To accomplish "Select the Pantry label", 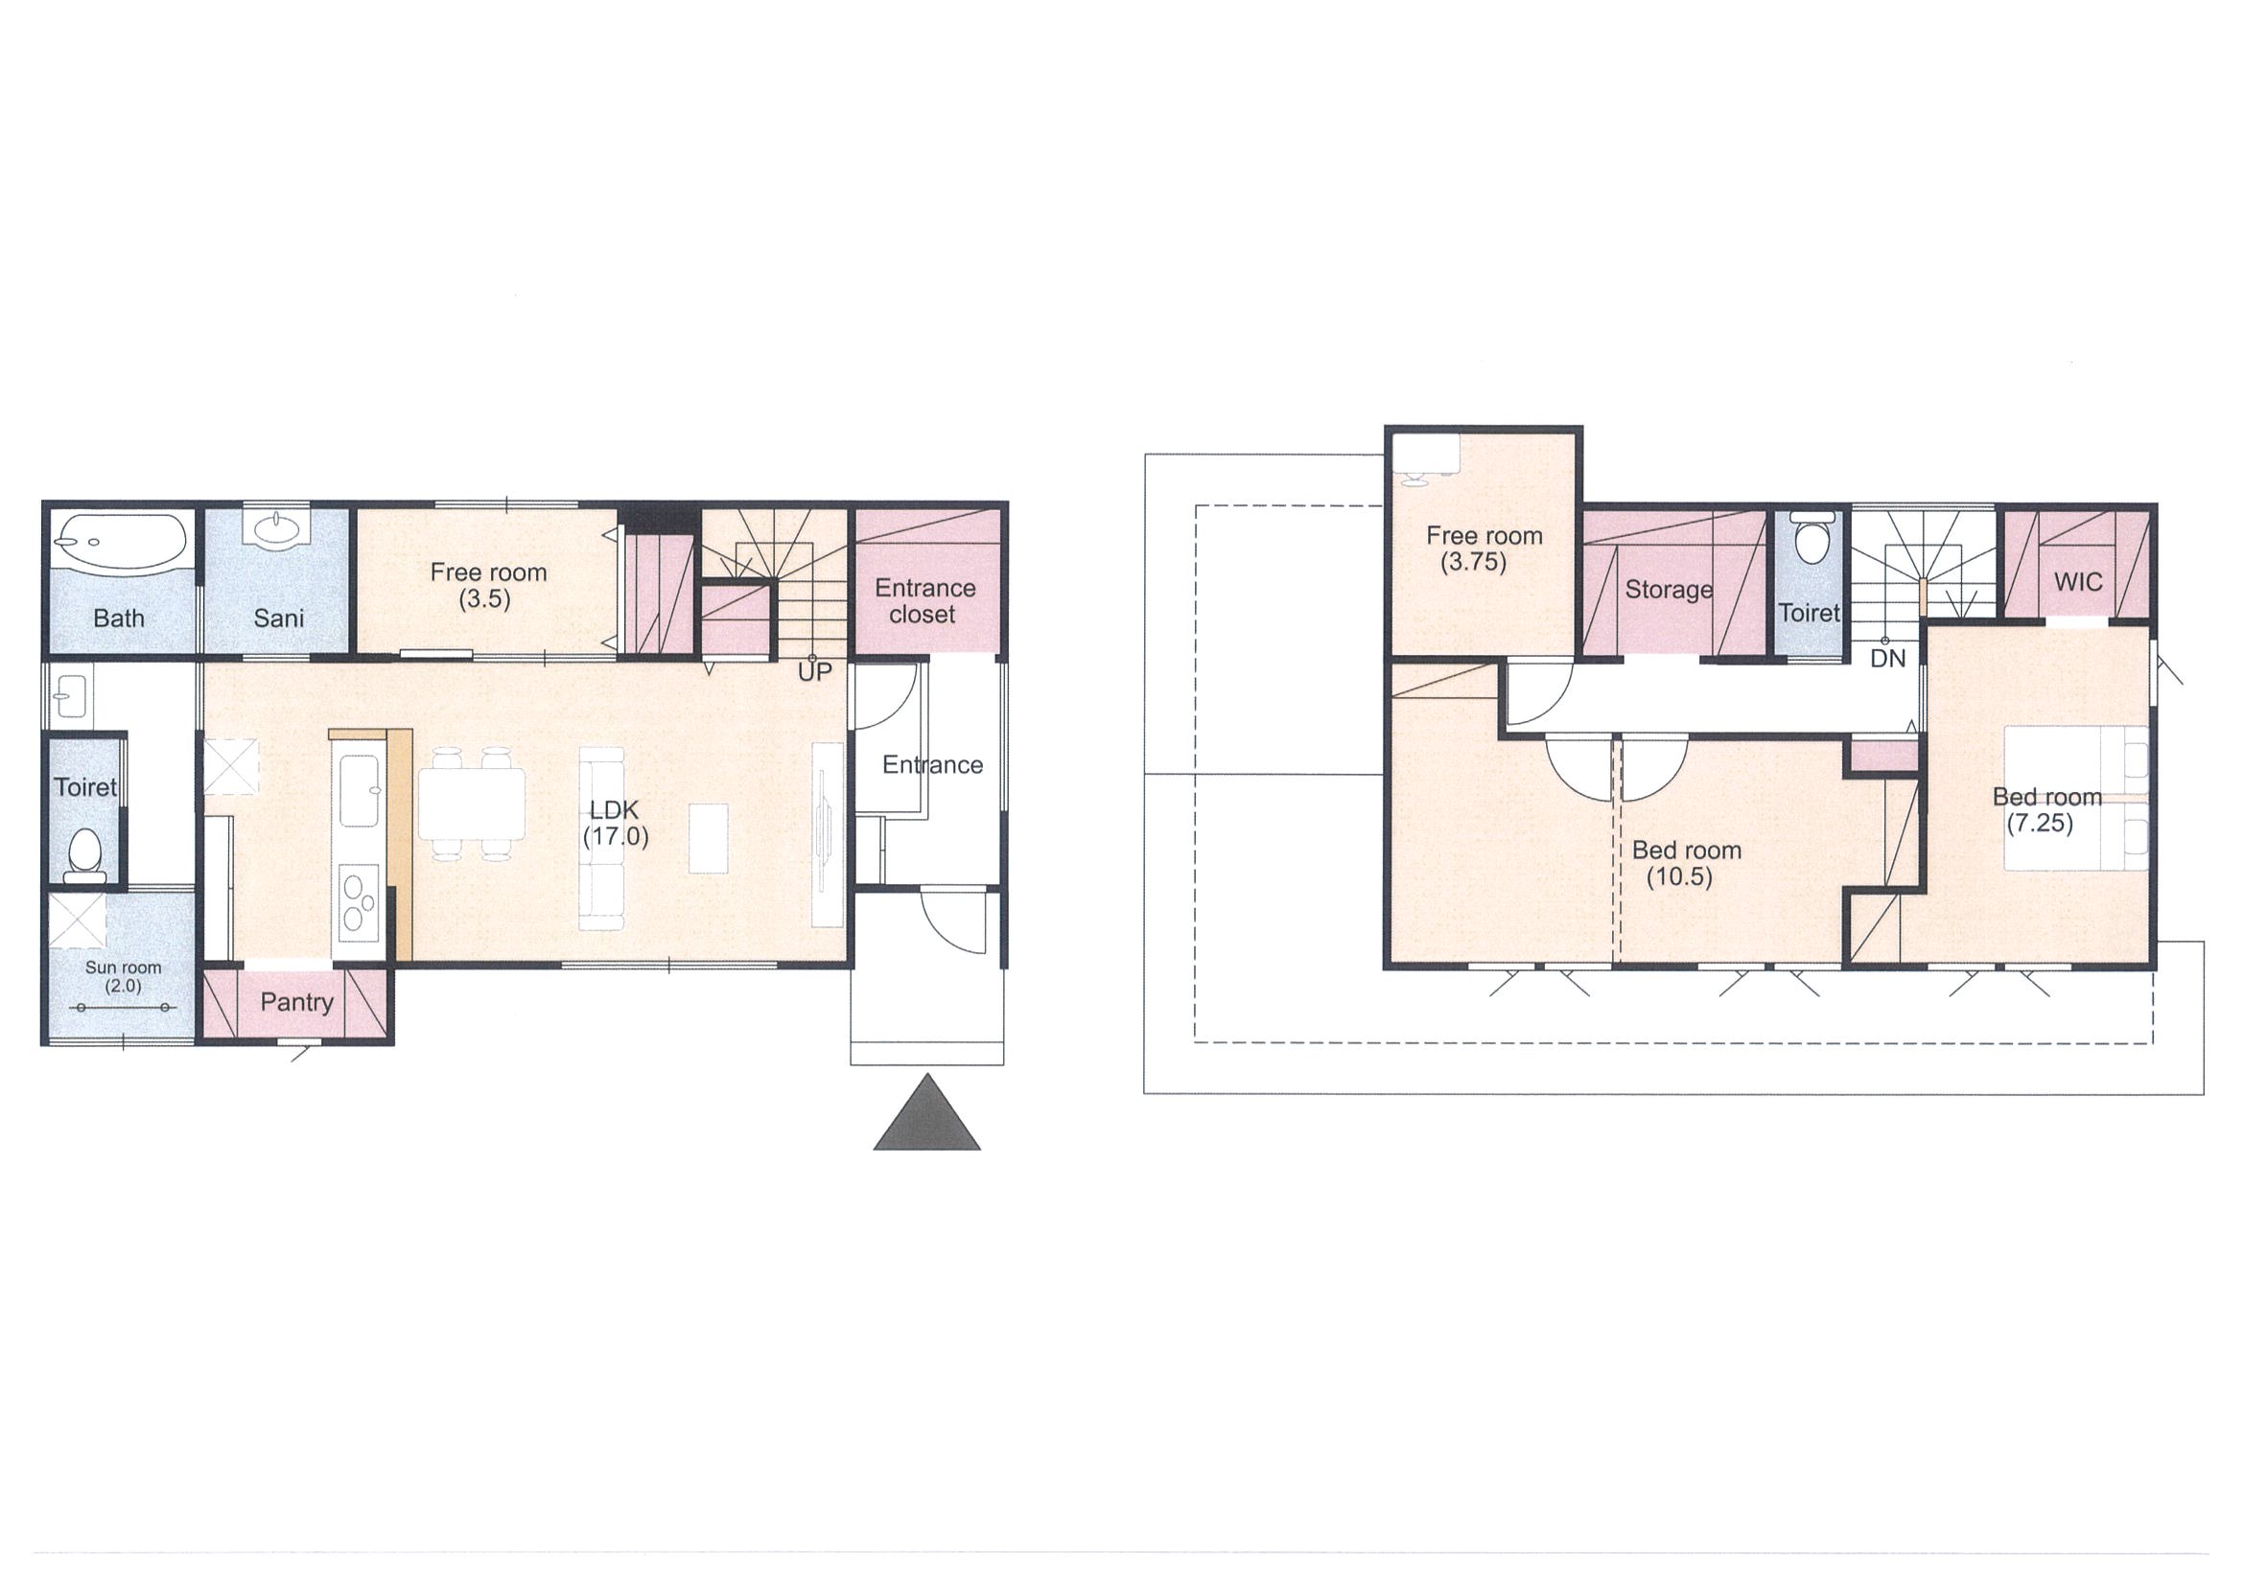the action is coord(297,1003).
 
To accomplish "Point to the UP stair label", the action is coord(814,672).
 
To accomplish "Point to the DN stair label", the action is coord(1887,659).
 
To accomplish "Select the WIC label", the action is coord(2078,582).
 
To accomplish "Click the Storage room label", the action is coord(1669,591).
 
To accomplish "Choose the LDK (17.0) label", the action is coord(615,823).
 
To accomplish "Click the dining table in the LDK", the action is coord(472,805).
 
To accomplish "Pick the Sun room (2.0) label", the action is coord(123,976).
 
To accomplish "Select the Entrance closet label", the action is coord(924,601).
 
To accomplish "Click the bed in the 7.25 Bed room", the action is coord(2077,798).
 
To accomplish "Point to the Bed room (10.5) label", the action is coord(1686,864).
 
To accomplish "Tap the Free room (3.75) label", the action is coord(1484,548).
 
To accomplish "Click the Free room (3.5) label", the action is coord(488,585).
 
